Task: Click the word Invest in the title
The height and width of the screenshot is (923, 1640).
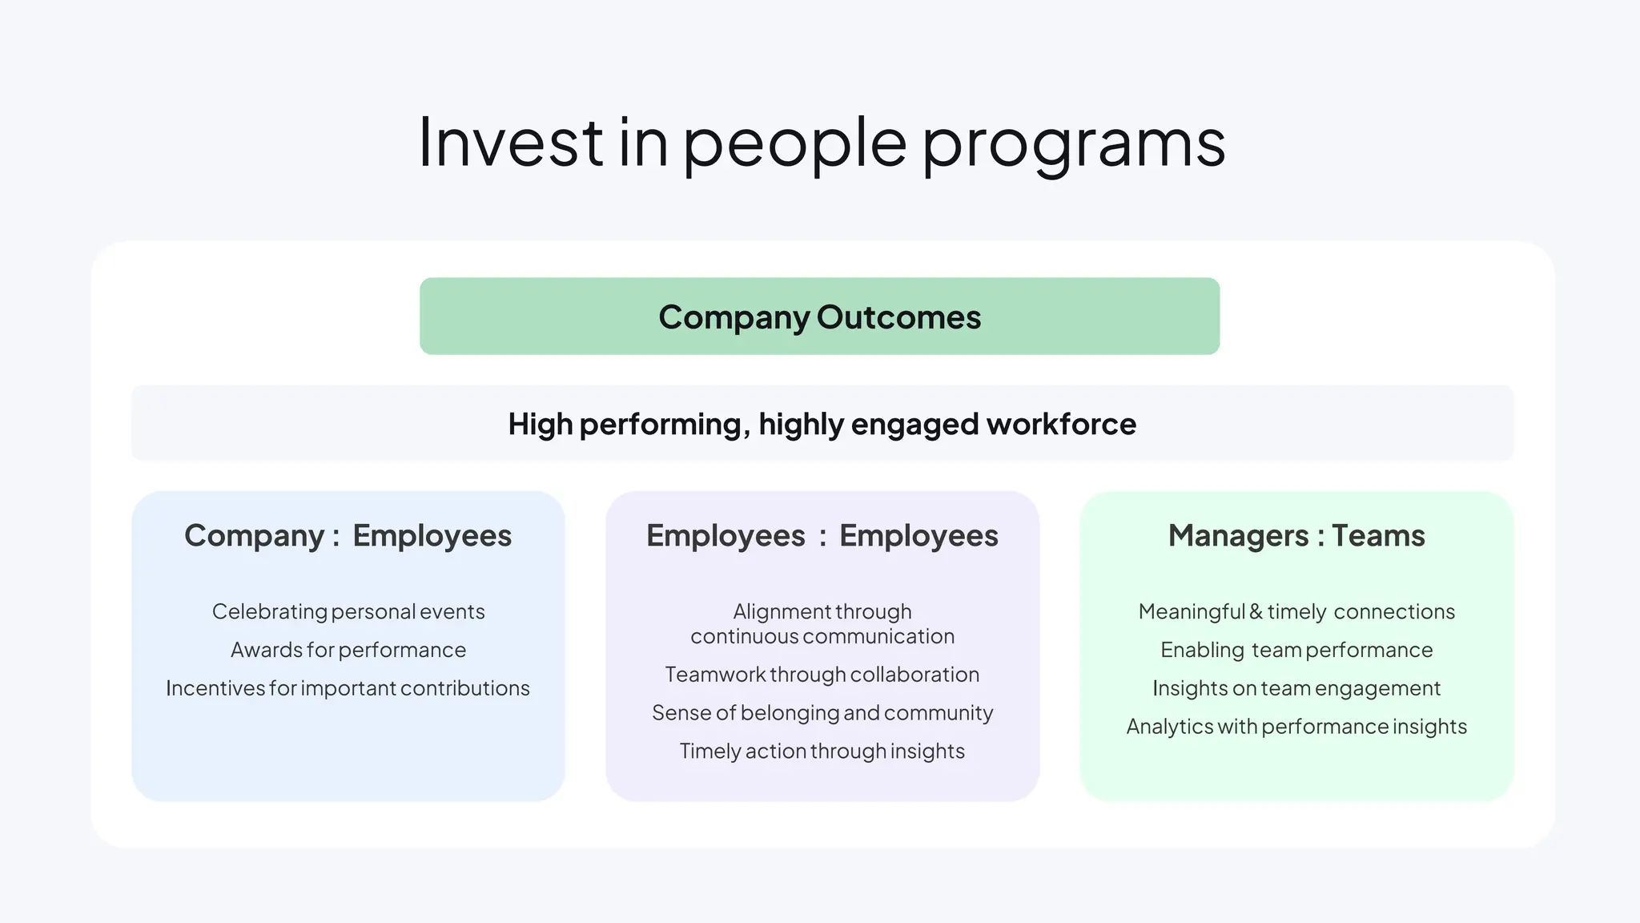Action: coord(511,143)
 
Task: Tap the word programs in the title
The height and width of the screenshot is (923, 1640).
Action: coord(1074,144)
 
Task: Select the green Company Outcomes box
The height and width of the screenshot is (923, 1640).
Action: coord(819,316)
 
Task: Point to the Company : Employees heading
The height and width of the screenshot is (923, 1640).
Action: coord(348,535)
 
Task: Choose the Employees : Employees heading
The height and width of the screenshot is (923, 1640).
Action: coord(822,535)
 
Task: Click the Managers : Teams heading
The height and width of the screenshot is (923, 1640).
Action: coord(1296,535)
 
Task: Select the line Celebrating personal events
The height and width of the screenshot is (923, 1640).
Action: coord(348,611)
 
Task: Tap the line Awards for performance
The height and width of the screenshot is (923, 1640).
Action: coord(348,650)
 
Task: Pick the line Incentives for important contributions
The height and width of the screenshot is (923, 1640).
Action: coord(348,688)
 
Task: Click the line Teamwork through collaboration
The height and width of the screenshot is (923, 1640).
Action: coord(822,675)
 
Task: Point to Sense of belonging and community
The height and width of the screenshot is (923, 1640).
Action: coord(822,713)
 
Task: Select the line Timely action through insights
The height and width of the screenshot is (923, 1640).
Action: coord(822,752)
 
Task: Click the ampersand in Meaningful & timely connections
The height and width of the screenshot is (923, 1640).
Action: coord(1256,611)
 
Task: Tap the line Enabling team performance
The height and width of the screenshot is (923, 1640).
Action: coord(1296,650)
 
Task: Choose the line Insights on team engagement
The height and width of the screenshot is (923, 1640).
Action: coord(1296,688)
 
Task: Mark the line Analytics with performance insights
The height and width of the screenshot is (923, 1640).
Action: coord(1296,727)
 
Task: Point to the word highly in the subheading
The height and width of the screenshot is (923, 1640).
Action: coord(801,424)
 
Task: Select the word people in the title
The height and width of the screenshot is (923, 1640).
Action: coord(794,144)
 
